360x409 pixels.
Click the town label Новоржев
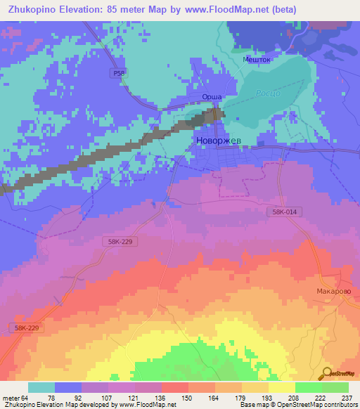[x=217, y=141]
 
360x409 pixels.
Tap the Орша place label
[x=212, y=97]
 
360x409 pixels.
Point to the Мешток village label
[x=257, y=60]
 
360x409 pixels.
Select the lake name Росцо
[x=268, y=93]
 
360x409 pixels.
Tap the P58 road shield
[x=119, y=72]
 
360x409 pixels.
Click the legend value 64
[x=26, y=397]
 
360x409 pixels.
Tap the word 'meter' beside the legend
[x=10, y=397]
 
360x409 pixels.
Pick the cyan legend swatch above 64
[x=41, y=387]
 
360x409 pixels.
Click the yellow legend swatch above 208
[x=281, y=387]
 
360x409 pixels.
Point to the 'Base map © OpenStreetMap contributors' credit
[x=298, y=405]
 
